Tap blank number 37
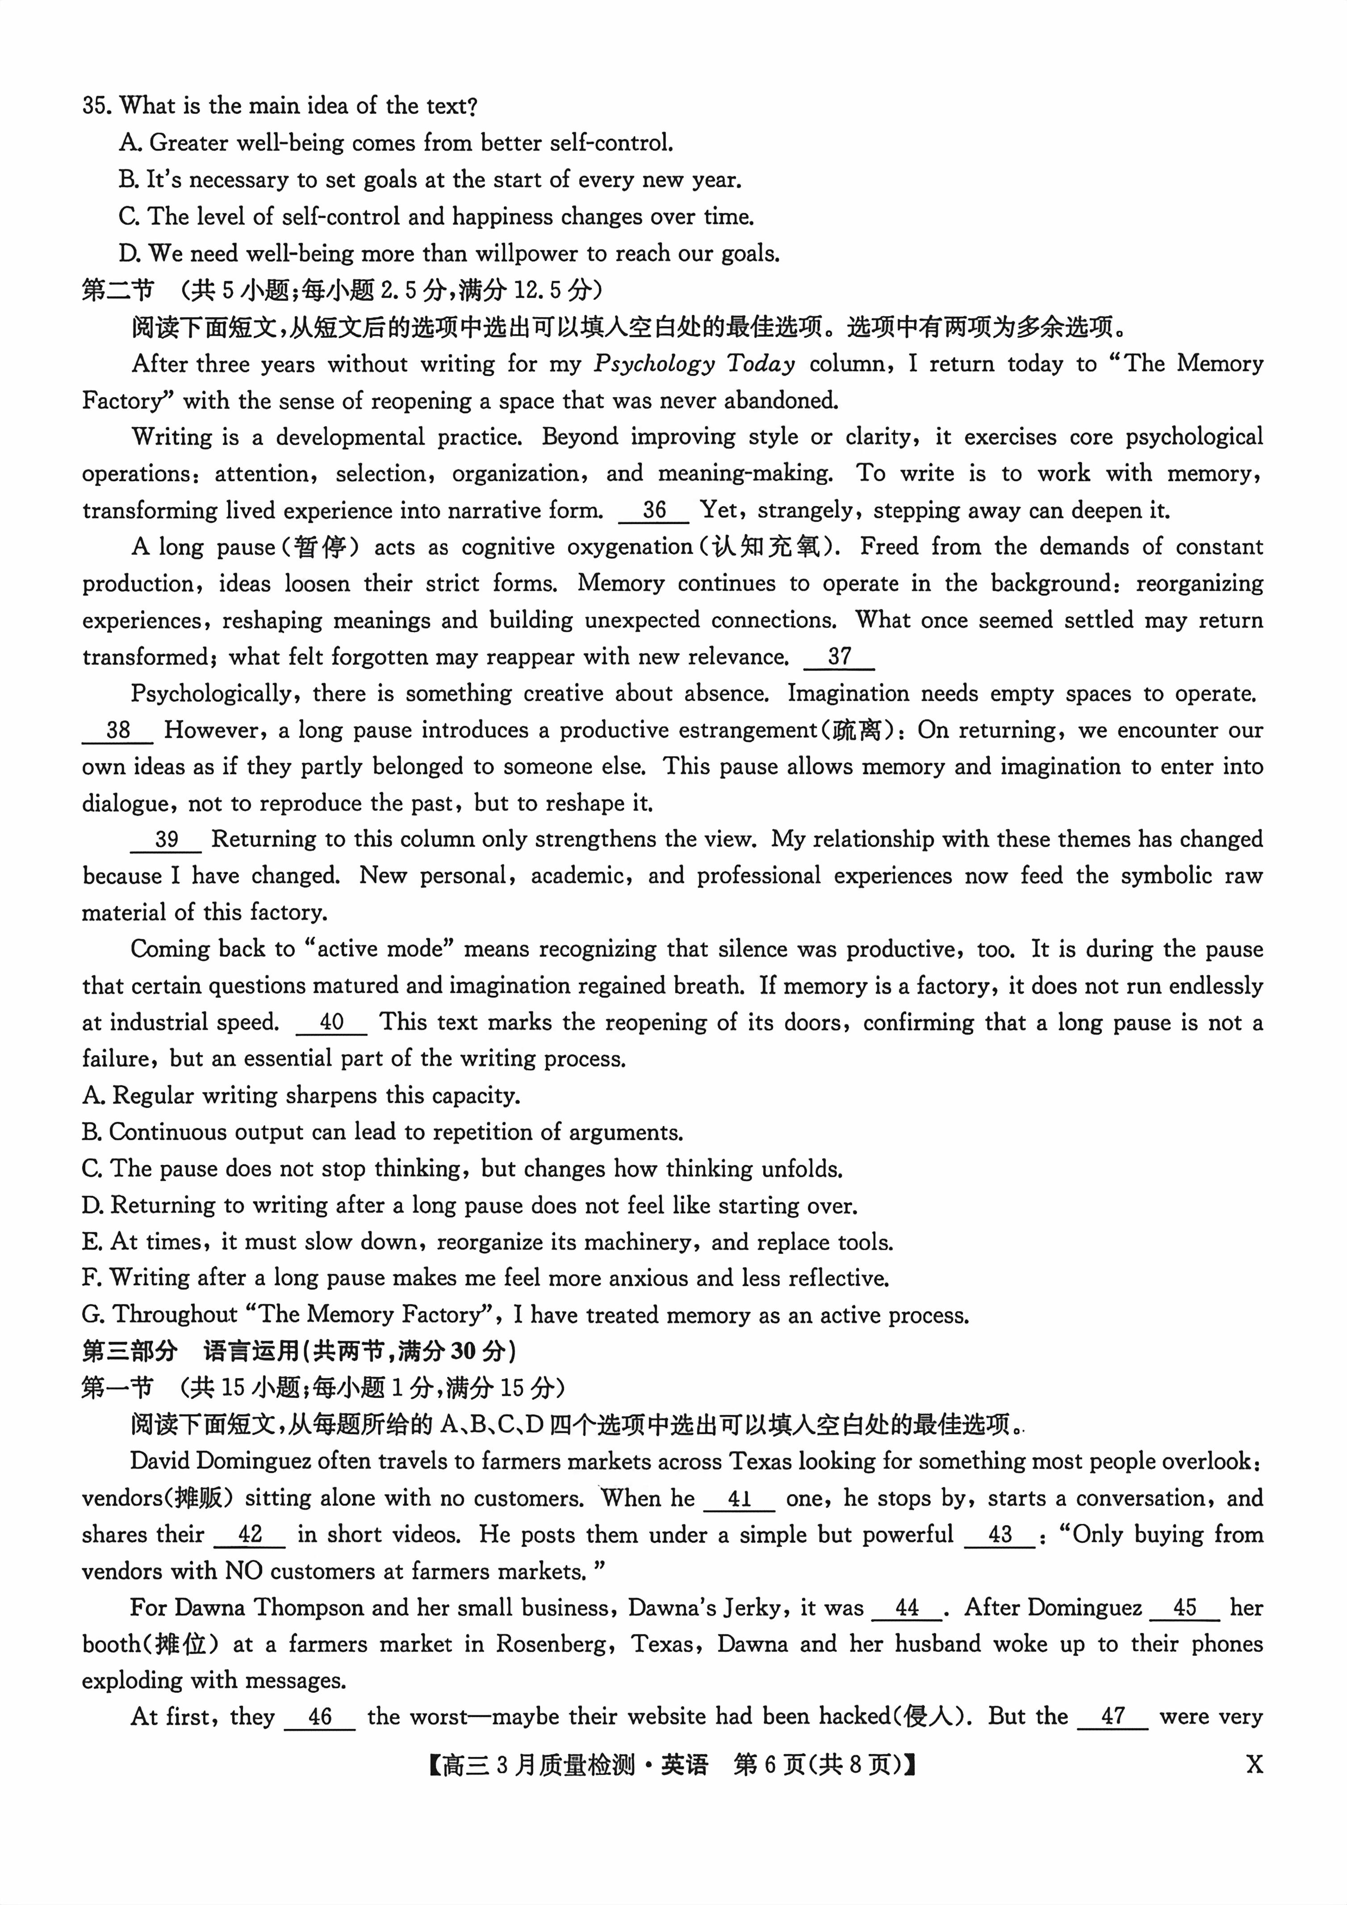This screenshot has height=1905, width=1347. (x=839, y=657)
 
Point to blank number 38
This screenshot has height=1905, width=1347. (x=118, y=730)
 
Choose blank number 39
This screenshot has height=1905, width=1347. (x=166, y=839)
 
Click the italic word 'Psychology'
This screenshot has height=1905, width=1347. (x=653, y=364)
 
